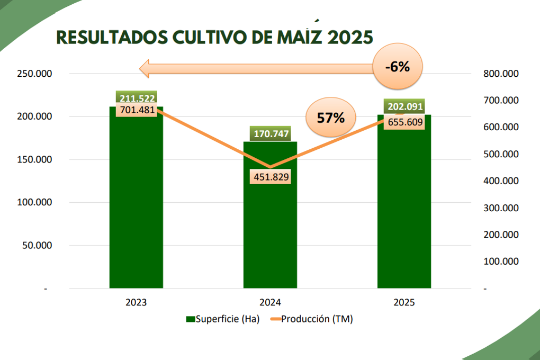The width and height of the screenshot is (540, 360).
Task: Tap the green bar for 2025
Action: point(404,212)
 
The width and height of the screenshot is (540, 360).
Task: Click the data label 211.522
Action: point(137,98)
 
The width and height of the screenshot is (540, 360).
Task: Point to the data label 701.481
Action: point(137,110)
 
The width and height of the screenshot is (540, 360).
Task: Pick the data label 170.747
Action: point(271,133)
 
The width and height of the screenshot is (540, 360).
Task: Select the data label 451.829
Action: point(271,177)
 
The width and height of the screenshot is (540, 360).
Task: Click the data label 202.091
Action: point(405,106)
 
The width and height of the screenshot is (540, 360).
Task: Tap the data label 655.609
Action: point(405,120)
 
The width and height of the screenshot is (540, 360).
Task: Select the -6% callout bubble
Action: point(398,67)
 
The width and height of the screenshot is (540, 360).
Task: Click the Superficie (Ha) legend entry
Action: point(222,319)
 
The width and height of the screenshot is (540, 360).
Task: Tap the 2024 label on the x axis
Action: point(270,303)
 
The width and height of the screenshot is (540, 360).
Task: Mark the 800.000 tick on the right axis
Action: point(500,74)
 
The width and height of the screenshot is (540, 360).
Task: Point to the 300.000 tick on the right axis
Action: point(500,208)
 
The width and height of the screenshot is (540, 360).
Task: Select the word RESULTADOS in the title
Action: point(109,37)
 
